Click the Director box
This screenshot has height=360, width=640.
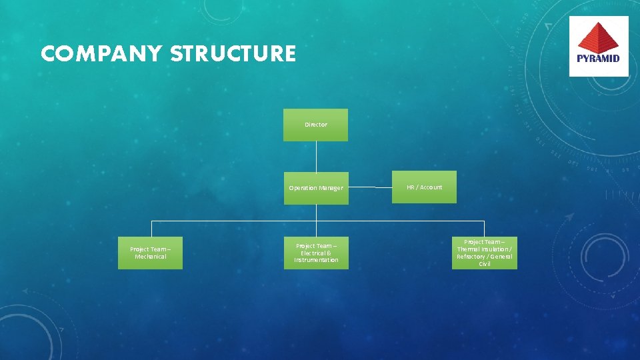pyautogui.click(x=315, y=125)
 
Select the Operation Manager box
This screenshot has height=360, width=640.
pyautogui.click(x=315, y=188)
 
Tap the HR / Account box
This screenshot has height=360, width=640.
pyautogui.click(x=424, y=187)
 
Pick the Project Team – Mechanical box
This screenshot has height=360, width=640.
pyautogui.click(x=150, y=253)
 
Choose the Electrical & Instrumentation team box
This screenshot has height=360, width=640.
pyautogui.click(x=316, y=253)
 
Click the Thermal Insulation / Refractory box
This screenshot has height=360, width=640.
pyautogui.click(x=485, y=253)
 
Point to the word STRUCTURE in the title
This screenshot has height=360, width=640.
pyautogui.click(x=233, y=54)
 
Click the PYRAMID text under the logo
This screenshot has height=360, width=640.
pyautogui.click(x=598, y=58)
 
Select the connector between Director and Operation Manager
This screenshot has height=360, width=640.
pyautogui.click(x=316, y=156)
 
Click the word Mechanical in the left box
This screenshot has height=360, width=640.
pyautogui.click(x=150, y=257)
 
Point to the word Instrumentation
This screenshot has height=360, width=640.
pyautogui.click(x=316, y=260)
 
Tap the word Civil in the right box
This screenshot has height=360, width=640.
pyautogui.click(x=485, y=264)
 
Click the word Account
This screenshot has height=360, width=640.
pyautogui.click(x=431, y=187)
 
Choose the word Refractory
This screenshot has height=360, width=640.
pyautogui.click(x=470, y=257)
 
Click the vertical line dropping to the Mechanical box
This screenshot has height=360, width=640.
pyautogui.click(x=151, y=229)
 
